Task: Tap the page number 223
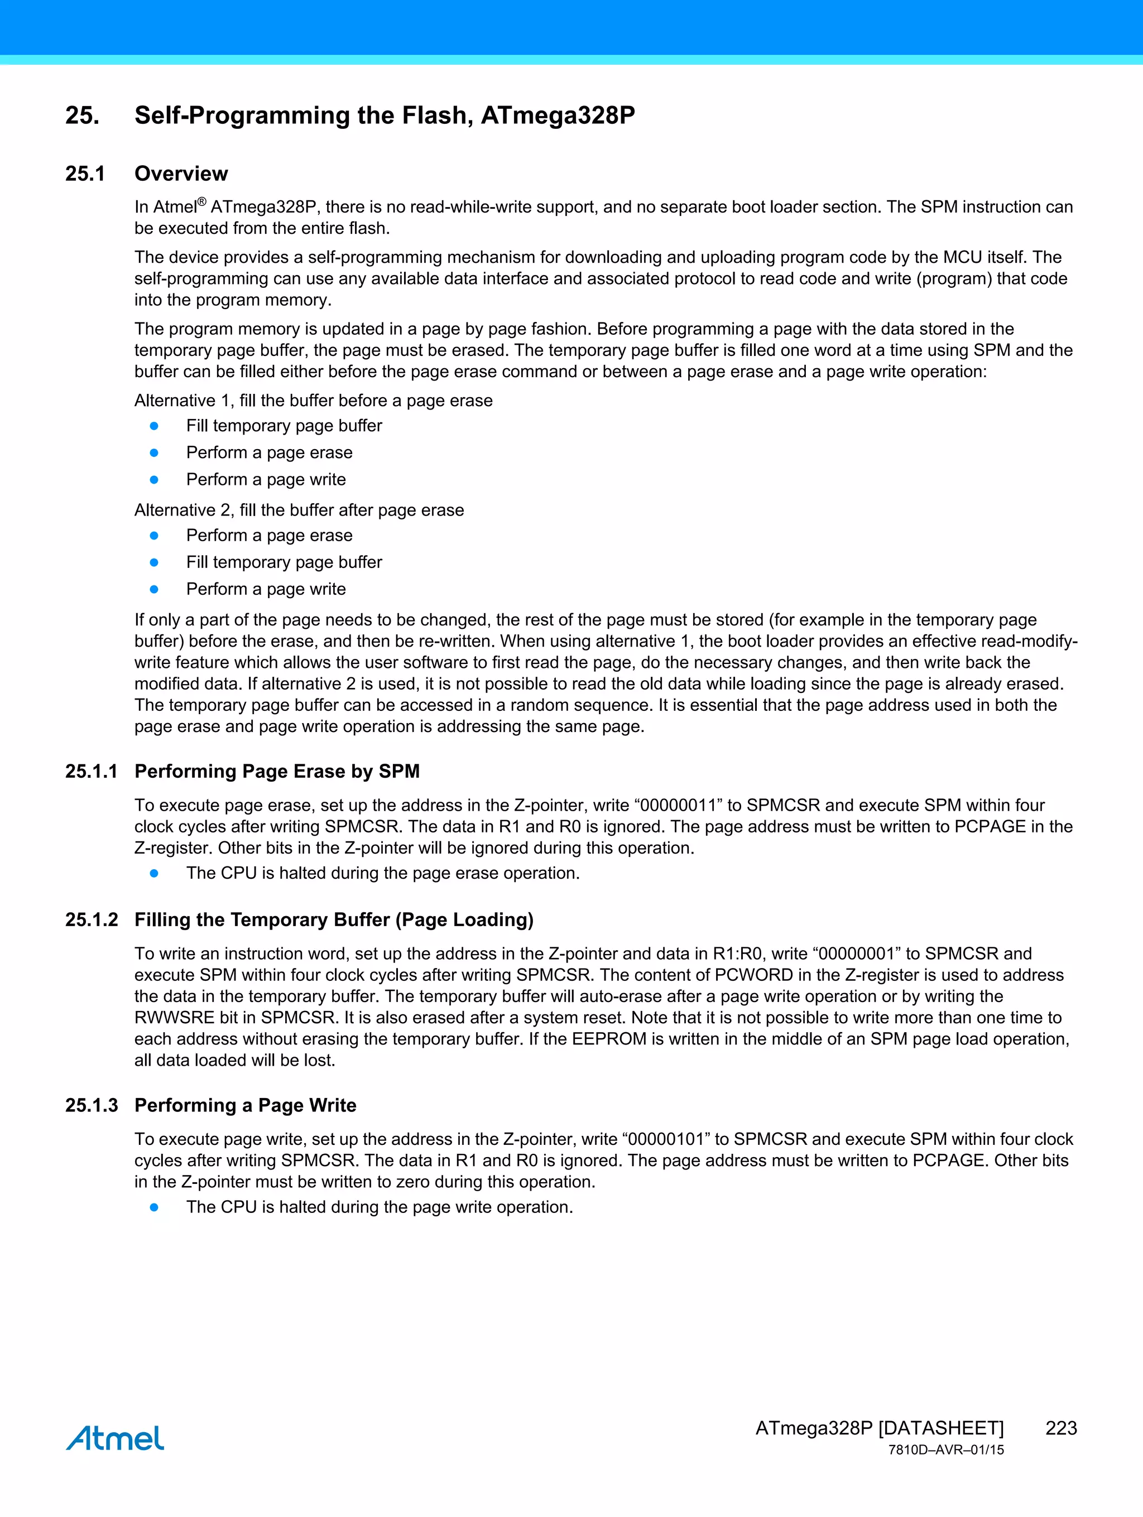tap(1060, 1428)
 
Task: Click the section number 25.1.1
tap(91, 772)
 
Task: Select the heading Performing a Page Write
tap(245, 1105)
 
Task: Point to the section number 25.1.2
tap(91, 919)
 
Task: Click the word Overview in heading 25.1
tap(181, 174)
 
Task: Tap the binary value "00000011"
tap(678, 805)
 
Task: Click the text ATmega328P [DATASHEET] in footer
tap(879, 1428)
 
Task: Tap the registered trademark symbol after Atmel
tap(201, 201)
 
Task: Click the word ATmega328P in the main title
tap(558, 115)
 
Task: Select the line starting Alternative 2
tap(299, 511)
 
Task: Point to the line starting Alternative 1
tap(314, 401)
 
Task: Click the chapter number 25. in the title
tap(83, 115)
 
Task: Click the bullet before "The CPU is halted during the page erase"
tap(155, 873)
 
